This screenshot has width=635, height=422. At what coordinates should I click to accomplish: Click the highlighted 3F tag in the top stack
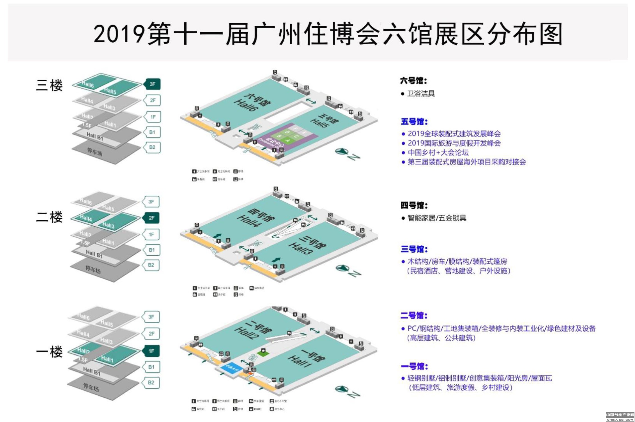pos(152,84)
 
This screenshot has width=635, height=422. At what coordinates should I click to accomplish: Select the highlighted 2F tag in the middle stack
pos(151,218)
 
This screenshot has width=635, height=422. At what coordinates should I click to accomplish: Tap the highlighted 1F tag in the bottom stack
pos(151,351)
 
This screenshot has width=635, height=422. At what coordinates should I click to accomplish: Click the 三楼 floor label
pos(49,85)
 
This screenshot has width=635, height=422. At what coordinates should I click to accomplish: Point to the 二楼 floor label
pos(49,217)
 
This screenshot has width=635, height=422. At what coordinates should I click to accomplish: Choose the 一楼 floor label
pos(49,352)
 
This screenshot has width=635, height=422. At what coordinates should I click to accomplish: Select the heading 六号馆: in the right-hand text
pos(413,81)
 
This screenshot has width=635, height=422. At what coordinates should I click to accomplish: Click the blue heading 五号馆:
pos(414,122)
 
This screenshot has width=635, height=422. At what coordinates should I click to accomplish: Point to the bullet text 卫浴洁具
pos(421,94)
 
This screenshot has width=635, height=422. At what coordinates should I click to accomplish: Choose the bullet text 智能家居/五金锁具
pos(436,218)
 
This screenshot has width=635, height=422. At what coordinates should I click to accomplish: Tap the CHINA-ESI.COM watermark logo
pos(620,417)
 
